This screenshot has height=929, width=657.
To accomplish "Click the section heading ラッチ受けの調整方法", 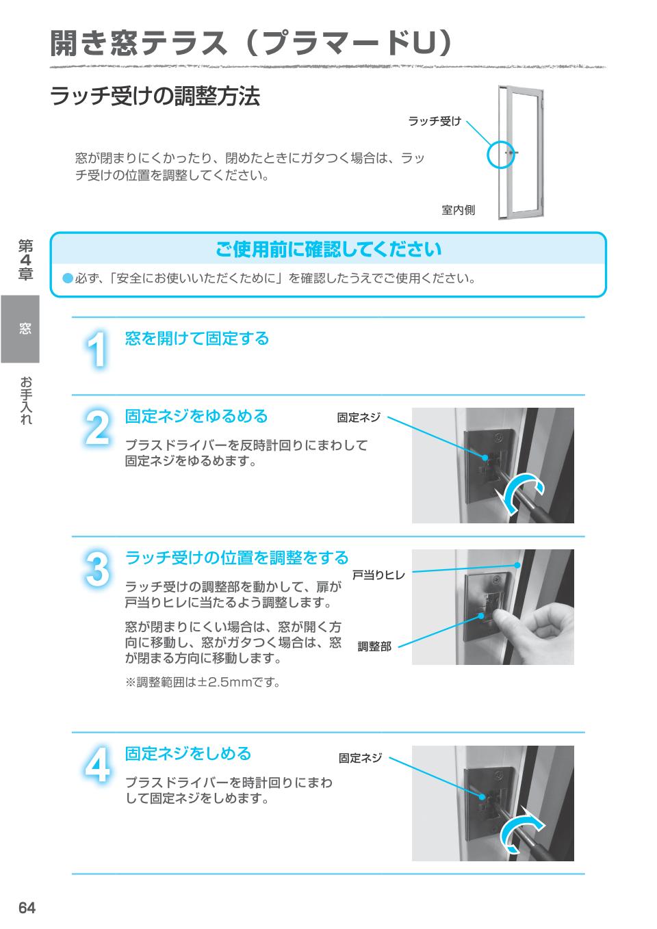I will [x=155, y=96].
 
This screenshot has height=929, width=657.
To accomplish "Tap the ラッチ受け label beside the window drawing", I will [x=435, y=122].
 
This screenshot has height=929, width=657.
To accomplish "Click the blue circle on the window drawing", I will [x=501, y=153].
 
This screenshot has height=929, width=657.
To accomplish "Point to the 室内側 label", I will [x=458, y=210].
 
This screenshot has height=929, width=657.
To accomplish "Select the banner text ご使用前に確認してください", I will [x=328, y=250].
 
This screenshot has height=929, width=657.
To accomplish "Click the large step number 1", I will [x=98, y=350].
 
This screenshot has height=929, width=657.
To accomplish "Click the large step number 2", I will [x=98, y=428].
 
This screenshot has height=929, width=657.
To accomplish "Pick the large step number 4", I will [x=98, y=766].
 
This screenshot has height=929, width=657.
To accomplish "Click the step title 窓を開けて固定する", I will [x=197, y=339].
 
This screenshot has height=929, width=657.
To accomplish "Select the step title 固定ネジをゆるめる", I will [x=196, y=416].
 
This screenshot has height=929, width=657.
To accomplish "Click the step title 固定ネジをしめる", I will [x=188, y=753].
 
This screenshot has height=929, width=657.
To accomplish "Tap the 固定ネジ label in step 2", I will [x=359, y=417].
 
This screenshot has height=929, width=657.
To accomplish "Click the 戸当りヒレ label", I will [x=378, y=575].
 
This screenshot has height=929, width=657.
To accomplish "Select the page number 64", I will [x=27, y=908].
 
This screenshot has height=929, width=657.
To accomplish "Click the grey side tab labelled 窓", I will [x=20, y=329].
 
